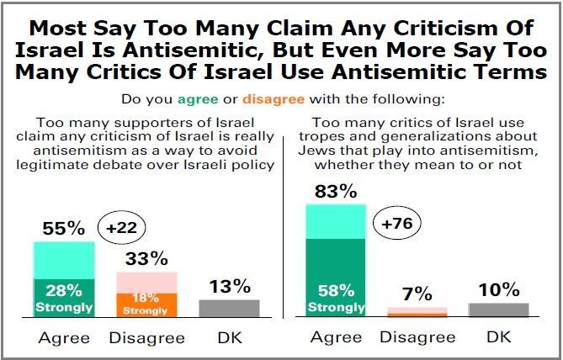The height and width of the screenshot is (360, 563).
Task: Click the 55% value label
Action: click(x=64, y=228)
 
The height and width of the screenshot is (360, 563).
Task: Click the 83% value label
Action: click(x=336, y=192)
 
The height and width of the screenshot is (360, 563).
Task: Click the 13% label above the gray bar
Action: click(x=230, y=287)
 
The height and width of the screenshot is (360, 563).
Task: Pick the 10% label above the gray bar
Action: click(x=498, y=290)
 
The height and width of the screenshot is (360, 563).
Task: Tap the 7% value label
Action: click(x=417, y=293)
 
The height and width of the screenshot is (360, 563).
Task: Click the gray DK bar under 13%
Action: click(x=230, y=308)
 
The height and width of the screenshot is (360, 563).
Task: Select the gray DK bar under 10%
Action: click(x=498, y=310)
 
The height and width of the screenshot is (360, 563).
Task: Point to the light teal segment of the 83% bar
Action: click(x=336, y=221)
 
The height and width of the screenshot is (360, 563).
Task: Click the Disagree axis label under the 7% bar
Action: click(x=417, y=337)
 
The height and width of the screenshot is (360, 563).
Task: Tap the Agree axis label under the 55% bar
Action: click(x=64, y=337)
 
